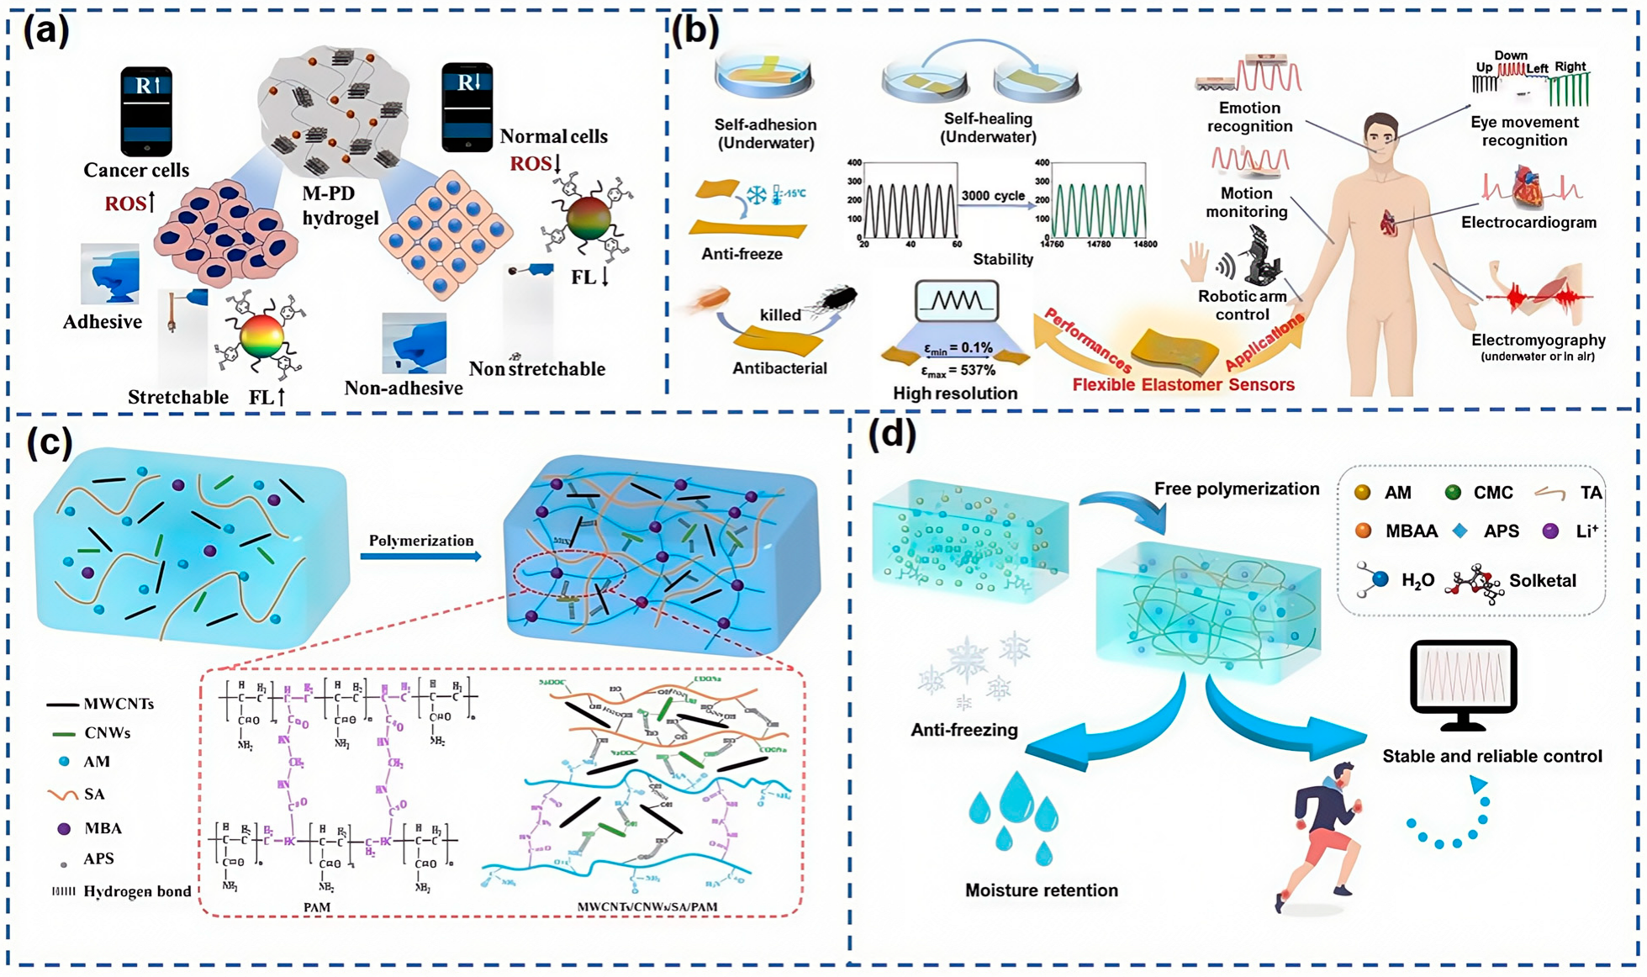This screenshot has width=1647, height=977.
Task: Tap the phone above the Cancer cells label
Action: (x=146, y=111)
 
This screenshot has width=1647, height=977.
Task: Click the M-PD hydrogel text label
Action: (x=340, y=205)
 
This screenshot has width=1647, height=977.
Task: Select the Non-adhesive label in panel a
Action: (x=404, y=388)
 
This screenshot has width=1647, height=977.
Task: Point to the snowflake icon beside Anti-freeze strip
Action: (x=757, y=195)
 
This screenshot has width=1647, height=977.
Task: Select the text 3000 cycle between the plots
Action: (x=993, y=195)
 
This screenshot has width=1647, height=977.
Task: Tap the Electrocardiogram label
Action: (x=1528, y=223)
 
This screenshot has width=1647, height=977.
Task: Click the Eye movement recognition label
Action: (x=1523, y=131)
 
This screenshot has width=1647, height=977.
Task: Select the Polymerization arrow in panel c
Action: (x=420, y=555)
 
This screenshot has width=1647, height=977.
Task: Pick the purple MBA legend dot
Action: (x=64, y=828)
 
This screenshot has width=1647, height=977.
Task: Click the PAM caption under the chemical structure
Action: (x=316, y=907)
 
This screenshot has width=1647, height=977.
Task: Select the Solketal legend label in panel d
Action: (x=1542, y=580)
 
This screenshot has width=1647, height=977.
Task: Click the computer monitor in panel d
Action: (x=1463, y=683)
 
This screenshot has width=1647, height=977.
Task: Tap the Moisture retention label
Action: (x=1041, y=890)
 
